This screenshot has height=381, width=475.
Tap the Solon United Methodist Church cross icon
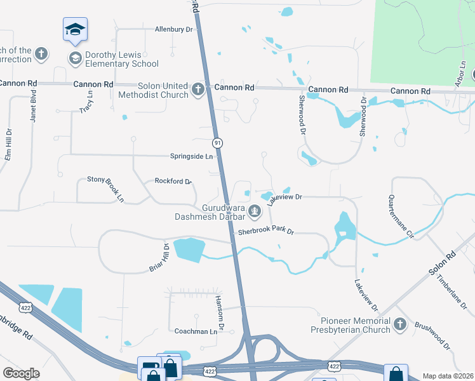pos(198,89)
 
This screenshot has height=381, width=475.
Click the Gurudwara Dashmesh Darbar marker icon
pos(255,210)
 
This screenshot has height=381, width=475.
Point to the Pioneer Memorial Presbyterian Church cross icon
pos(399,325)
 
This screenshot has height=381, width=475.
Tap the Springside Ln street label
pos(191,156)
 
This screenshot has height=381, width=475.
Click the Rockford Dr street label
pos(173,182)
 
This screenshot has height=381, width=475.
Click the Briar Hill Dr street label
pos(158,258)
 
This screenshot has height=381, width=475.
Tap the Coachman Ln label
pos(196,331)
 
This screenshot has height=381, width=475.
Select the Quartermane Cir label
pos(401,217)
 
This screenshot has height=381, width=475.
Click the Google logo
pos(21,373)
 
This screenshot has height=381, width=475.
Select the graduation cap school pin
pos(75,29)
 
